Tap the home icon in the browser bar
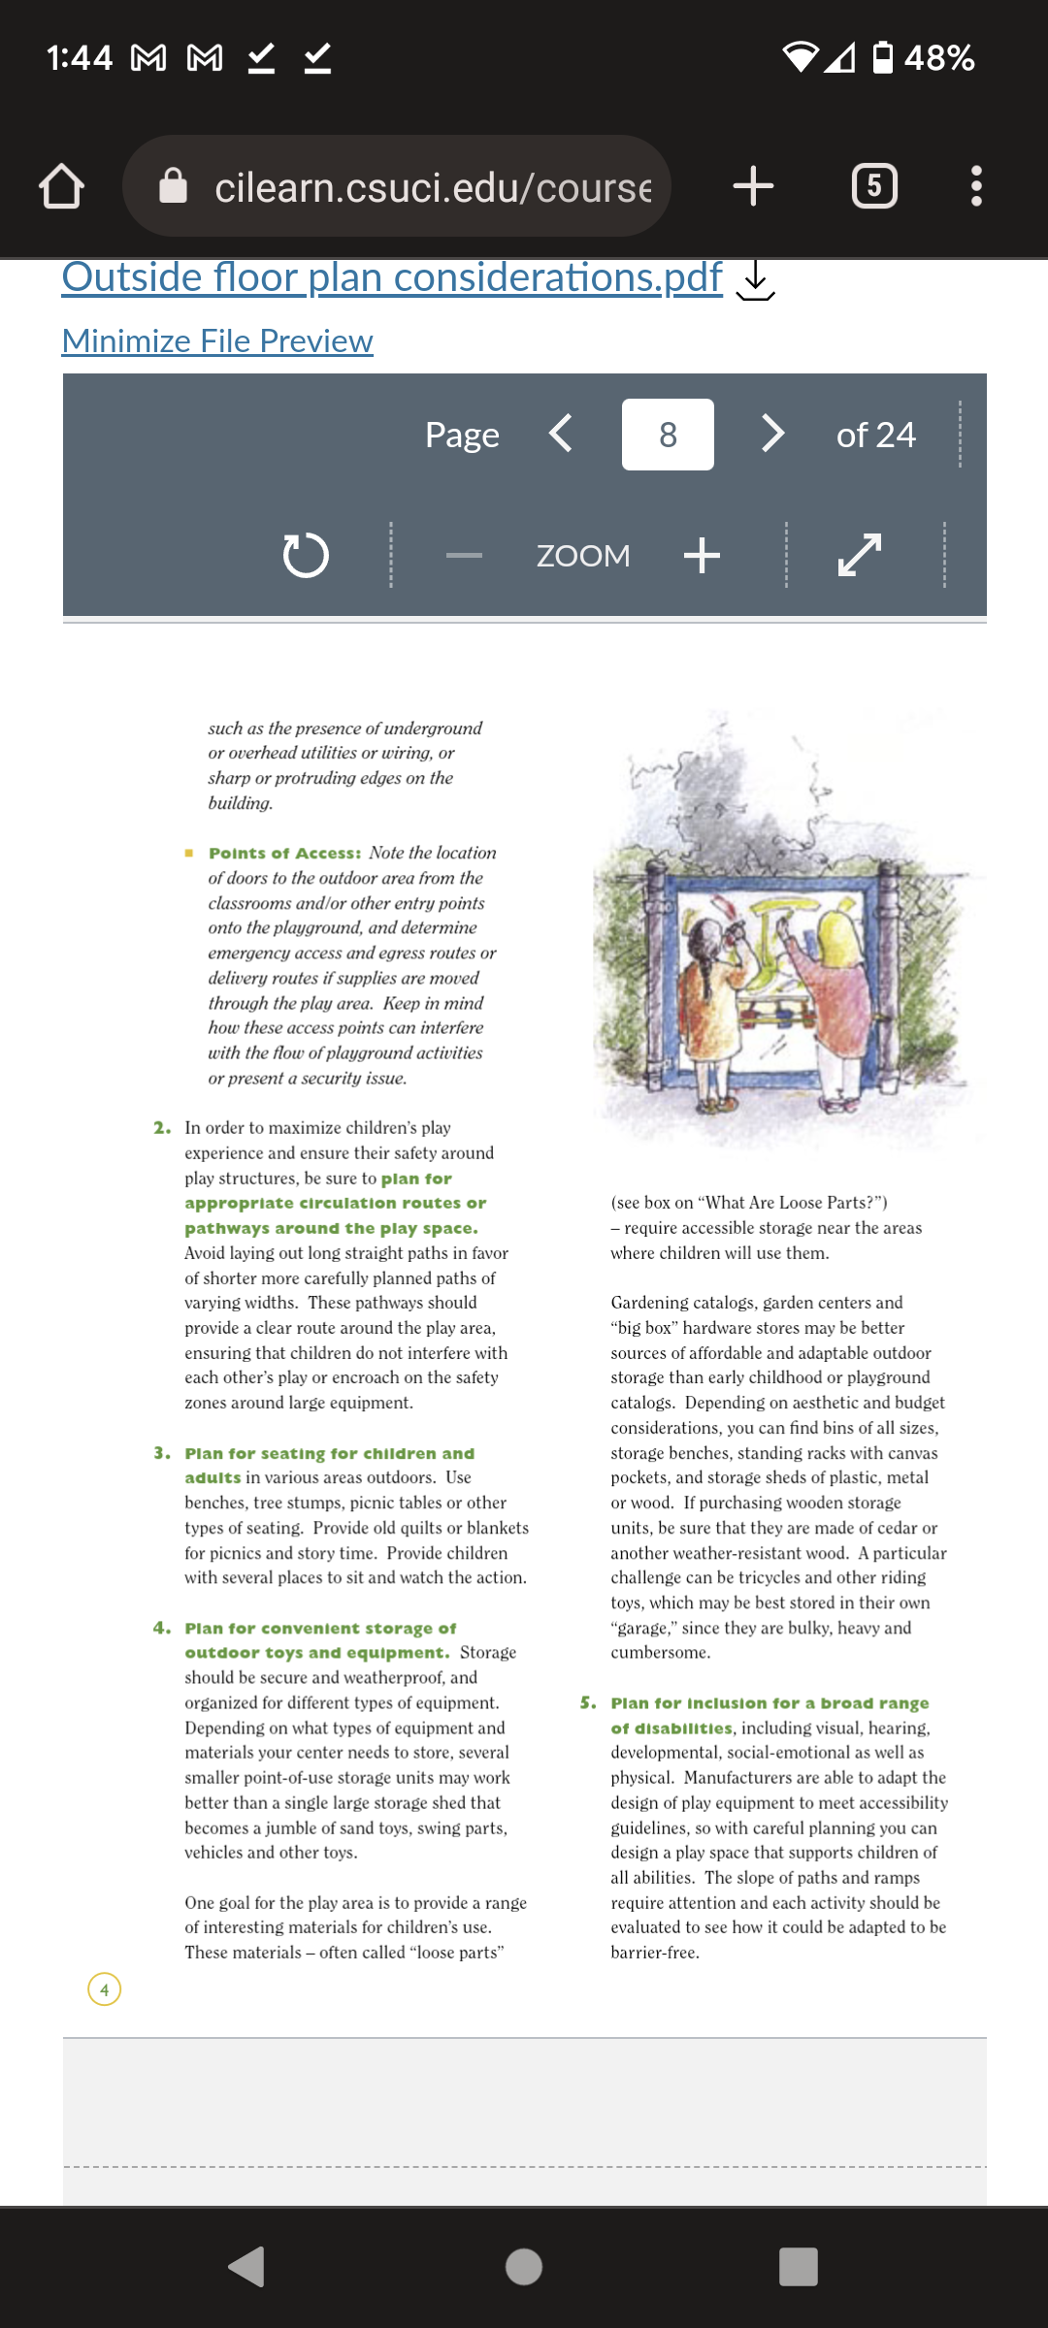tap(61, 186)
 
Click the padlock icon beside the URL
tap(173, 185)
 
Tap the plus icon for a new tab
tap(753, 185)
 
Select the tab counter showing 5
tap(874, 185)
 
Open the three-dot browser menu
tap(976, 185)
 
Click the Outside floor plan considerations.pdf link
tap(392, 277)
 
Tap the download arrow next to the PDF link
tap(755, 281)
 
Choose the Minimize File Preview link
tap(217, 340)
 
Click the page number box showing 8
tap(668, 435)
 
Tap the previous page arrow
tap(561, 434)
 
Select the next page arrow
tap(772, 434)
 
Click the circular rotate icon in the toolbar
tap(306, 555)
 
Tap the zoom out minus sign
tap(464, 556)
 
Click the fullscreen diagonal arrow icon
tap(860, 555)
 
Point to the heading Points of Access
tap(284, 854)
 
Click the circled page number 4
tap(105, 1989)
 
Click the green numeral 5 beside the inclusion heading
tap(588, 1703)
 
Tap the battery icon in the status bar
tap(883, 57)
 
